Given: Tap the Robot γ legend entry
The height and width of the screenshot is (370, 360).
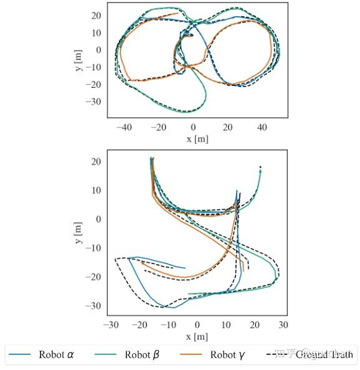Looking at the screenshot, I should pyautogui.click(x=212, y=355).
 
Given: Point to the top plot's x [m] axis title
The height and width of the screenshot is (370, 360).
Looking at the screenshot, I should pyautogui.click(x=197, y=138).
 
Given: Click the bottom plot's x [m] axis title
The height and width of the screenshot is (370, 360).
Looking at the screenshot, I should pyautogui.click(x=197, y=337).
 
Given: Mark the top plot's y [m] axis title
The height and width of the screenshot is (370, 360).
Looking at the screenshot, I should pyautogui.click(x=79, y=59).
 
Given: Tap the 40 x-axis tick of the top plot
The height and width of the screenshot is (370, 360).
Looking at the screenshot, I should pyautogui.click(x=262, y=127).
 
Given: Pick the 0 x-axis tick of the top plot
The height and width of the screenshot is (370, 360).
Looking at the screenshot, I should pyautogui.click(x=193, y=127).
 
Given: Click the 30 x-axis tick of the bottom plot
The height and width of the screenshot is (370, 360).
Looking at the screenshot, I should pyautogui.click(x=283, y=325).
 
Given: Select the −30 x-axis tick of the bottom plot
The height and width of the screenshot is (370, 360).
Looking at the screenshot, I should pyautogui.click(x=111, y=325).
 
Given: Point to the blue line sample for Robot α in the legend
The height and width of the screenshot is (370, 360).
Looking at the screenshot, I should pyautogui.click(x=20, y=355).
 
